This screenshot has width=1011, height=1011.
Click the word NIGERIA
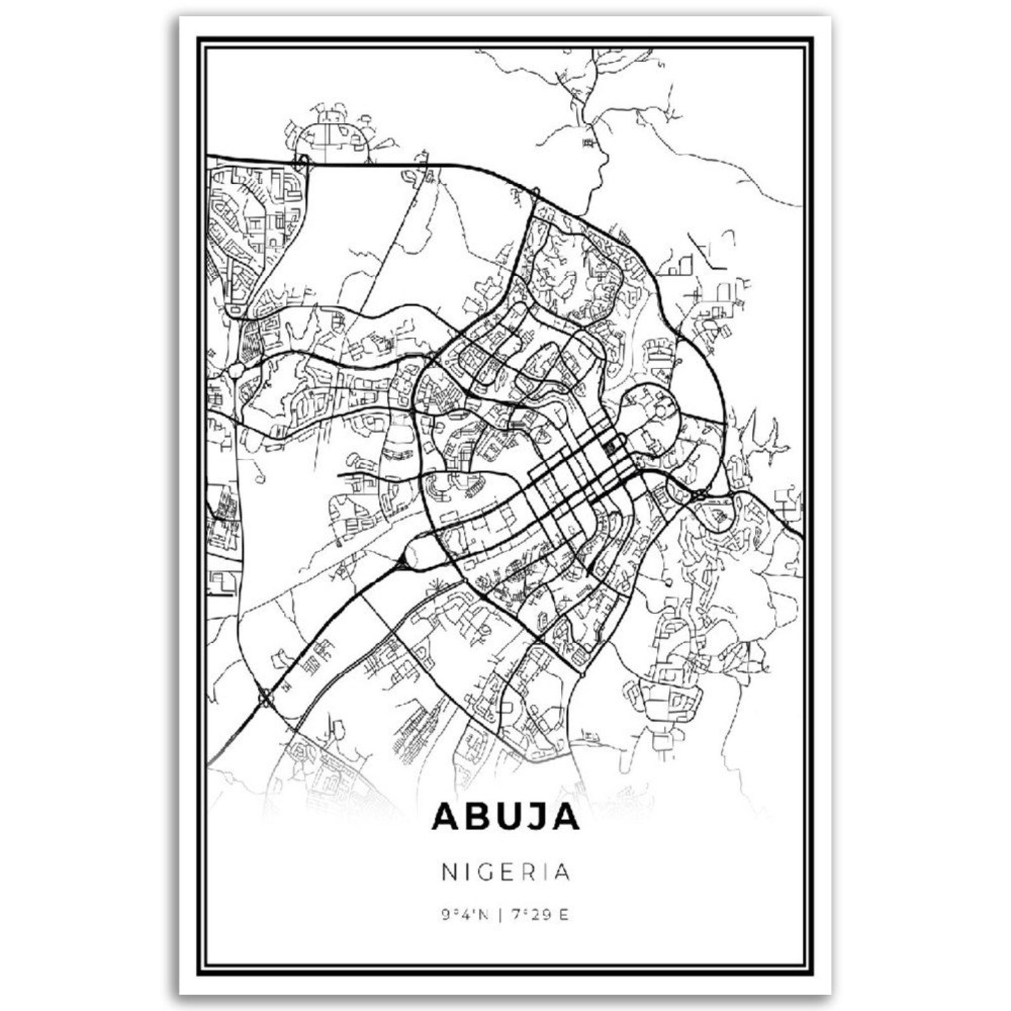(x=505, y=872)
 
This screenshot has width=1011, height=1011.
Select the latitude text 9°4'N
(x=464, y=916)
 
